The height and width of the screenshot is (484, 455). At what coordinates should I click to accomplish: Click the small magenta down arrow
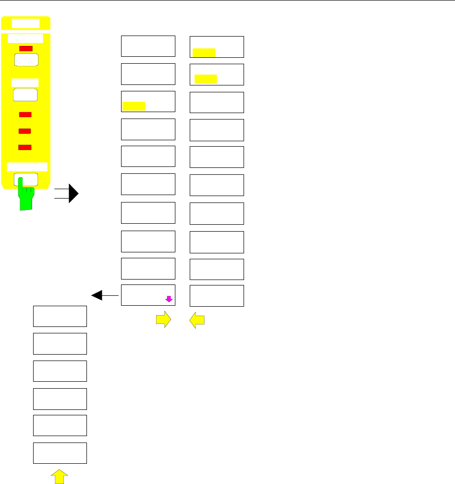click(168, 299)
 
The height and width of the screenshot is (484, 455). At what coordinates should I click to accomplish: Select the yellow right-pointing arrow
click(163, 321)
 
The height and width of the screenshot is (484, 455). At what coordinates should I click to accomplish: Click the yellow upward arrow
click(59, 477)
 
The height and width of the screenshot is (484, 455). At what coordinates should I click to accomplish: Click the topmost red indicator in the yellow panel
click(27, 48)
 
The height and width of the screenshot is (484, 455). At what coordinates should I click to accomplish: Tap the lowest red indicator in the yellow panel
click(25, 147)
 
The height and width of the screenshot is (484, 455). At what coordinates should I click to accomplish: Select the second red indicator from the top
click(25, 115)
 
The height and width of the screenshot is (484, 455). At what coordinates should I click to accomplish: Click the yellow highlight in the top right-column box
click(204, 53)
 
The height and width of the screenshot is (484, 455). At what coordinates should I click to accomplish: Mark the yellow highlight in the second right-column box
click(206, 79)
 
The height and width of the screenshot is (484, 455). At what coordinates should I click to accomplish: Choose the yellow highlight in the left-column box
click(133, 105)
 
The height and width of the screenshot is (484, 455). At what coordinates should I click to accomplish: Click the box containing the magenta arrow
click(148, 295)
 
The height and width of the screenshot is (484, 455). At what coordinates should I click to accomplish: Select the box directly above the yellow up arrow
click(60, 452)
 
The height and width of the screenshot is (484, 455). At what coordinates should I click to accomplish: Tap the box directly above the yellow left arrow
click(217, 295)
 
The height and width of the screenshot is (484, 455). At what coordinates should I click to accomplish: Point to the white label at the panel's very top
click(26, 23)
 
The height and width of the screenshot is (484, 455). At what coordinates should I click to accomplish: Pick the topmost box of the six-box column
click(60, 316)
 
